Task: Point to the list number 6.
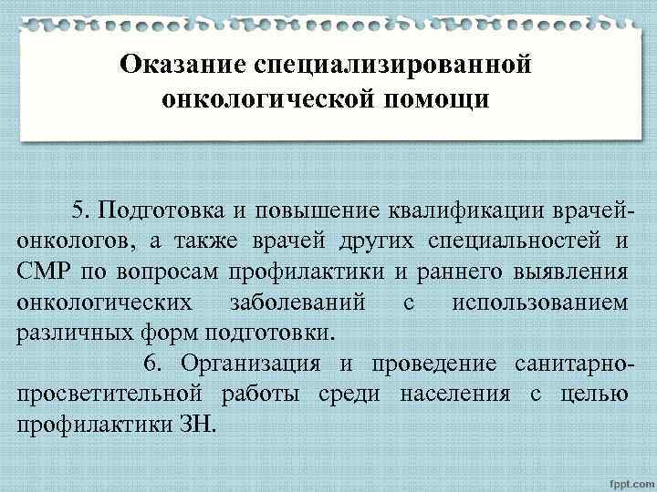coord(152,364)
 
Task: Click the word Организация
coord(250,364)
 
